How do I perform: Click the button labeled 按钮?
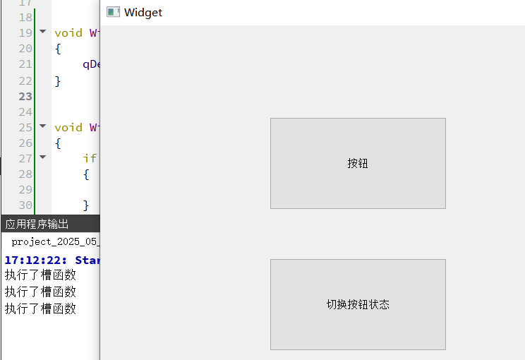coord(358,163)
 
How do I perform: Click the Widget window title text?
coord(143,12)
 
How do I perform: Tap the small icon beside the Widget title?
coord(113,12)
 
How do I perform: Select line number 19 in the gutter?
coord(25,33)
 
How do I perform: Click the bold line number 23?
coord(25,97)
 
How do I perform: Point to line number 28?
coord(25,174)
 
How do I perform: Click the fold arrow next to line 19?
coord(43,32)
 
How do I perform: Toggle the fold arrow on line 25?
coord(43,126)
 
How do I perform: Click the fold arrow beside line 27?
coord(43,157)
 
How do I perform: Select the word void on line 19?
coord(68,33)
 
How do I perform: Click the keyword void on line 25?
coord(68,128)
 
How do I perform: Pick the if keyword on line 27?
coord(90,159)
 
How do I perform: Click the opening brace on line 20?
coord(58,49)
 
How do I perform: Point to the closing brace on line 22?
coord(58,81)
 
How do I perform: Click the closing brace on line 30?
coord(86,205)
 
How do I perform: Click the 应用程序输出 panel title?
coord(37,224)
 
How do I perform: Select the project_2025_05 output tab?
coord(55,241)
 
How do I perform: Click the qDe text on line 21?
coord(92,64)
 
